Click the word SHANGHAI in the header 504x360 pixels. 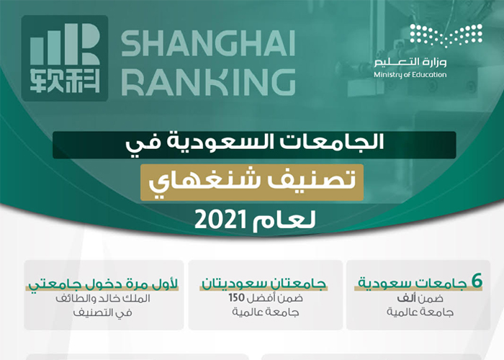[x=207, y=45]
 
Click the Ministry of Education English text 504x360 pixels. [x=410, y=75]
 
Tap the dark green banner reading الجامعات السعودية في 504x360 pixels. [x=254, y=144]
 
